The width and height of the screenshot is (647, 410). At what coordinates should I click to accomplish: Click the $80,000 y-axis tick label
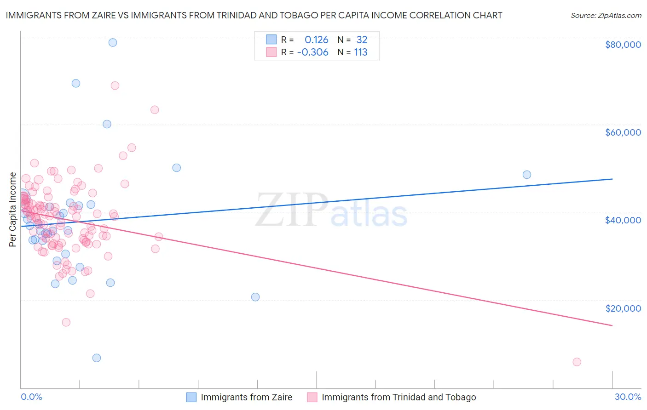623,45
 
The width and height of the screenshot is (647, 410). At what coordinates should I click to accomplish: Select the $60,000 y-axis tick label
623,132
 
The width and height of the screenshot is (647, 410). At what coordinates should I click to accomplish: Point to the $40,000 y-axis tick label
623,220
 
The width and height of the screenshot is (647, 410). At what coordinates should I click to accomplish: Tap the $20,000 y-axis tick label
623,308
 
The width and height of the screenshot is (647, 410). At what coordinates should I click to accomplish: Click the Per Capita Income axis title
13,210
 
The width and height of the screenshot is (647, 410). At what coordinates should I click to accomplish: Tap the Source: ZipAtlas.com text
606,15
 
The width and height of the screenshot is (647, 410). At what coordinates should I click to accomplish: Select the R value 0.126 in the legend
316,40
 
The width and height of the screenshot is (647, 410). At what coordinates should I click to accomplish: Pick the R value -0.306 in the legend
313,52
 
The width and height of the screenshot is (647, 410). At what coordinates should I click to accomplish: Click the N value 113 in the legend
360,52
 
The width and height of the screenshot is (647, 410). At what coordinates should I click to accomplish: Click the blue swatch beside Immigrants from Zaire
191,397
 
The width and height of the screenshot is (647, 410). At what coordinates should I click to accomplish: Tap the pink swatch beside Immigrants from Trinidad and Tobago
312,397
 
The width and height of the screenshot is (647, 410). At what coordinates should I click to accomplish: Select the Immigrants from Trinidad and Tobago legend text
399,397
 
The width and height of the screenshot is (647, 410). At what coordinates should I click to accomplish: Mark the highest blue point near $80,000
112,43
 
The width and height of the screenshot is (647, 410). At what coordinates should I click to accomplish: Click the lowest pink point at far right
577,362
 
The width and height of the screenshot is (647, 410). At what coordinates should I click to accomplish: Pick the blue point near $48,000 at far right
527,175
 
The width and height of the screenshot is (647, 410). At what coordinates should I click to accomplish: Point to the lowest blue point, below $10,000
97,358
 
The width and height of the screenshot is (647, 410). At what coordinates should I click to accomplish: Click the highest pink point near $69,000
115,85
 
